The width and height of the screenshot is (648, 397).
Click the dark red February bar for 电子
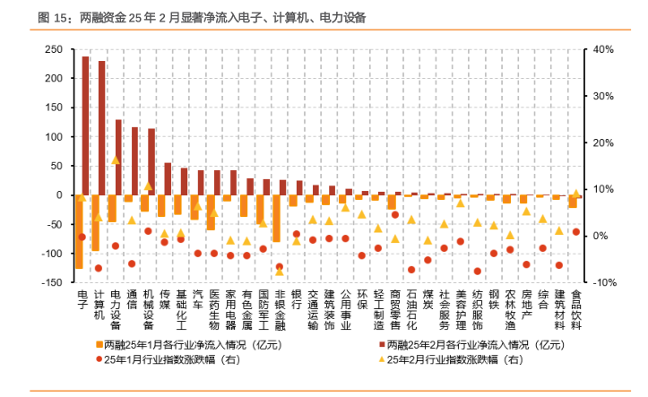point(85,125)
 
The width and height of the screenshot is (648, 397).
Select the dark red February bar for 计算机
point(101,128)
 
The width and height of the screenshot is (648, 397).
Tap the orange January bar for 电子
point(79,232)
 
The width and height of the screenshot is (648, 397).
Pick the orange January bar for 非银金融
point(276,218)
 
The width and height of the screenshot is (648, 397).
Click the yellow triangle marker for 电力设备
point(116,160)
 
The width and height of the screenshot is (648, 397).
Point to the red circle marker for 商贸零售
point(395,215)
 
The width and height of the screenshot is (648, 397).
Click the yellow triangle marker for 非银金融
point(280,272)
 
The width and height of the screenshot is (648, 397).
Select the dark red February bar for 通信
point(134,161)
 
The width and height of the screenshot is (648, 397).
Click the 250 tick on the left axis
point(54,49)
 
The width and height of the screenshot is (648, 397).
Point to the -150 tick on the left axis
point(52,282)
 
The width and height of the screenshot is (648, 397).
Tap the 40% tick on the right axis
point(603,49)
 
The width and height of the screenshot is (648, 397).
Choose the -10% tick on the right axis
point(605,282)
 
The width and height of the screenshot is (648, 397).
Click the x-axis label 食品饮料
point(576,310)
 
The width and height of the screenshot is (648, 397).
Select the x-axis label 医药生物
point(214,310)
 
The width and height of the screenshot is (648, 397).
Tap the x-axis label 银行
point(297,299)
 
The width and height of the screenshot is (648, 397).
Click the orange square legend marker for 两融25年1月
point(99,344)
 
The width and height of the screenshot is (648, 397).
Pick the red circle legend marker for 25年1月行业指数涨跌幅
point(99,359)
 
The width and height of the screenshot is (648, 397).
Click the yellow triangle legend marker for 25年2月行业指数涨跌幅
point(382,359)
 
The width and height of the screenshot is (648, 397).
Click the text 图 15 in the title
point(52,17)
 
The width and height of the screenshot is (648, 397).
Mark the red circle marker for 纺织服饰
point(478,272)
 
